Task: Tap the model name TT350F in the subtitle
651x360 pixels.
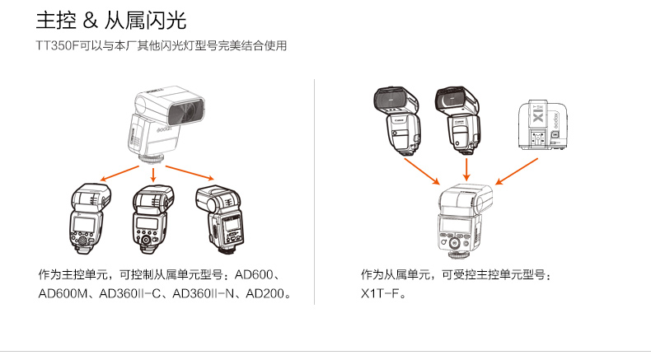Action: click(57, 46)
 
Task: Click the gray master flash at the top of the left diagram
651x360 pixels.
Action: click(162, 123)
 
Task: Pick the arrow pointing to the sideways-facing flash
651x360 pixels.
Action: click(191, 171)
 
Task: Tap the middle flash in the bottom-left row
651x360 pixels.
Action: click(152, 218)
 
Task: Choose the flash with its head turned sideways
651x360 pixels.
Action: click(220, 218)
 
